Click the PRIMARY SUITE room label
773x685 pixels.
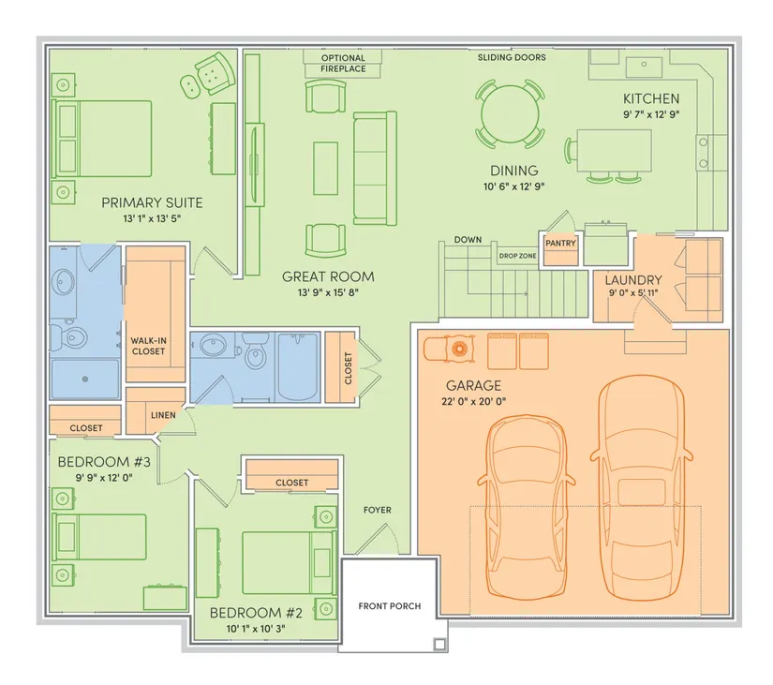(x=152, y=202)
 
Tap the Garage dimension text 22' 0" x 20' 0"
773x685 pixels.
(x=473, y=402)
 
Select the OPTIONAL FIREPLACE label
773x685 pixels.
(x=342, y=64)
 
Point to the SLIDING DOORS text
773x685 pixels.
(x=512, y=57)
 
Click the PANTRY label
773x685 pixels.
(x=560, y=245)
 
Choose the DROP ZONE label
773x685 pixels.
(x=517, y=255)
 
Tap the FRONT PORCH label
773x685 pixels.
(x=390, y=606)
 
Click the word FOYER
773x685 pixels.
(x=378, y=510)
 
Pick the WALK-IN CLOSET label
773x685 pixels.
(x=148, y=347)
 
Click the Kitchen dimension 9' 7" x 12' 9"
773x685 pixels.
(x=651, y=114)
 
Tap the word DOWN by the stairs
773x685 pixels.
(x=468, y=240)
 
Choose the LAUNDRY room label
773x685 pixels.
(x=633, y=279)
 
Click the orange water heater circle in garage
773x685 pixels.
(x=459, y=349)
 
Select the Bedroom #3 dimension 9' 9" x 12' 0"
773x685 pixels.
(x=104, y=478)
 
